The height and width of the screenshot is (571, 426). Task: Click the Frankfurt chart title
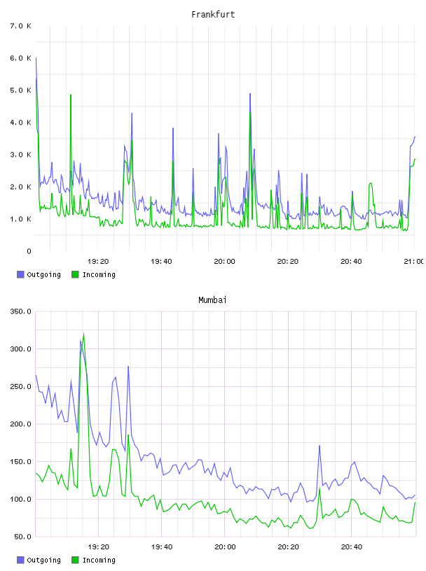pos(213,15)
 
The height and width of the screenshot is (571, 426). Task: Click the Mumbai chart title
pos(212,300)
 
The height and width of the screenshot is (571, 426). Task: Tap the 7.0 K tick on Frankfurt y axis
pos(20,26)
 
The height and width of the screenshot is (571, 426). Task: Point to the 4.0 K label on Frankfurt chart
pos(20,122)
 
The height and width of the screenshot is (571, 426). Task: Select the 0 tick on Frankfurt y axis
pos(29,251)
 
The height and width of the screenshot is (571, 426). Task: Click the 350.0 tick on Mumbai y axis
pos(20,311)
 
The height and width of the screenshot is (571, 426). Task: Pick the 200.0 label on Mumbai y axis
pos(20,424)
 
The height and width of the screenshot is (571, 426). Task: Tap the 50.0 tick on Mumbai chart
pos(22,537)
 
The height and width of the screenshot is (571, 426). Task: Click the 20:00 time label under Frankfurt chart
pos(224,261)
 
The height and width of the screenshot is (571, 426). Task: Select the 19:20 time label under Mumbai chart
pos(98,547)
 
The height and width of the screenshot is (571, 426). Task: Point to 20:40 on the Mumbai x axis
pos(352,547)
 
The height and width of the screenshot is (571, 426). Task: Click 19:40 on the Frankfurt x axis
pos(161,261)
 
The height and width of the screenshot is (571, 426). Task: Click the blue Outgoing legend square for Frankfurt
pos(20,274)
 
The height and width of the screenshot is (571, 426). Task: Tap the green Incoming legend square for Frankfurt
pos(75,274)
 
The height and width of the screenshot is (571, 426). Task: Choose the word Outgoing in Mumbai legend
pos(43,560)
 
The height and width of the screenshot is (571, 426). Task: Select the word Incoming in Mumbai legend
pos(99,560)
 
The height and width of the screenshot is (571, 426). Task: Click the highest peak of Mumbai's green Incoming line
pos(83,333)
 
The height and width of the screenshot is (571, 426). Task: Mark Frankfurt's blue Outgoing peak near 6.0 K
pos(36,57)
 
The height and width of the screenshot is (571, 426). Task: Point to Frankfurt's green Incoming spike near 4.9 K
pos(71,94)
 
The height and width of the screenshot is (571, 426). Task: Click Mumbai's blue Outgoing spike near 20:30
pos(319,446)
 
